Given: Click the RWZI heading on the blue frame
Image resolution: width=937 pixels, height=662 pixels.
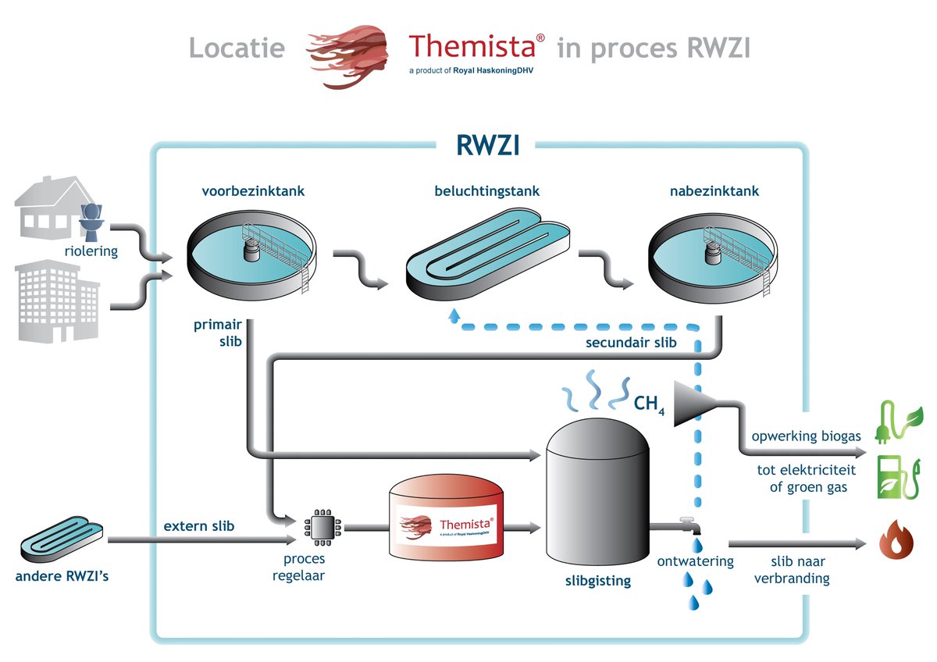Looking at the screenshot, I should pyautogui.click(x=487, y=145).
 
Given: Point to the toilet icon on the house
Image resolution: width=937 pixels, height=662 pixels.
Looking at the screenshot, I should pyautogui.click(x=94, y=219).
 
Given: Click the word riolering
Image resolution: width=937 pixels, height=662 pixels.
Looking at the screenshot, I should pyautogui.click(x=91, y=251).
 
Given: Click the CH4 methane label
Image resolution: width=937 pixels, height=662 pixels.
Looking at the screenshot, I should pyautogui.click(x=650, y=404).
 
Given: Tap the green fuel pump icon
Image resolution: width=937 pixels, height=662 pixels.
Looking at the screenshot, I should pyautogui.click(x=892, y=475).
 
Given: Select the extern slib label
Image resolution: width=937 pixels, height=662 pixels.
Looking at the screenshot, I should pyautogui.click(x=198, y=526).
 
